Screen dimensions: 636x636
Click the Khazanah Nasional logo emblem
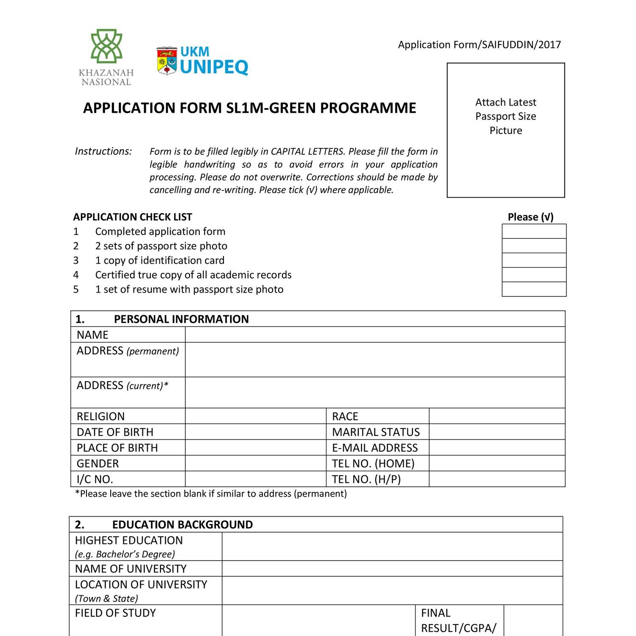point(106,47)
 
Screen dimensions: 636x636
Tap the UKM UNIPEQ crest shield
point(167,61)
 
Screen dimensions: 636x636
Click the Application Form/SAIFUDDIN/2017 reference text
point(479,45)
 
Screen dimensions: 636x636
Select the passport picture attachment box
point(506,130)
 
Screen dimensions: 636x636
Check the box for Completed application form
point(534,232)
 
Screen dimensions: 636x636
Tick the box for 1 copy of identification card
point(534,260)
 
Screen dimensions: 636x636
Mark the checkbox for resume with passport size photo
point(534,289)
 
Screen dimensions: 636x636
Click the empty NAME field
point(375,335)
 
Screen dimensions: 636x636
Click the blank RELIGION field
point(255,416)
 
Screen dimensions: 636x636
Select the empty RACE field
point(497,416)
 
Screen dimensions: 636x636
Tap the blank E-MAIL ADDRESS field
point(497,448)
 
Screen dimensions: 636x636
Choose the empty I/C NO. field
point(255,479)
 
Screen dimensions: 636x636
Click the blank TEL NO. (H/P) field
point(497,479)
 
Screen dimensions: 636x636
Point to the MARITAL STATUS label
point(376,432)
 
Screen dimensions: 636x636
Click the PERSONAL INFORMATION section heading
point(181,319)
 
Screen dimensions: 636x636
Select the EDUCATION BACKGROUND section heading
point(182,525)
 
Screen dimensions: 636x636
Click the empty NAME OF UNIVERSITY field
point(392,569)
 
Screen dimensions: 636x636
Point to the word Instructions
point(103,151)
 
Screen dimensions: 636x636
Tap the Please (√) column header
point(530,217)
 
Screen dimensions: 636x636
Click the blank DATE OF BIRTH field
point(255,432)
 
